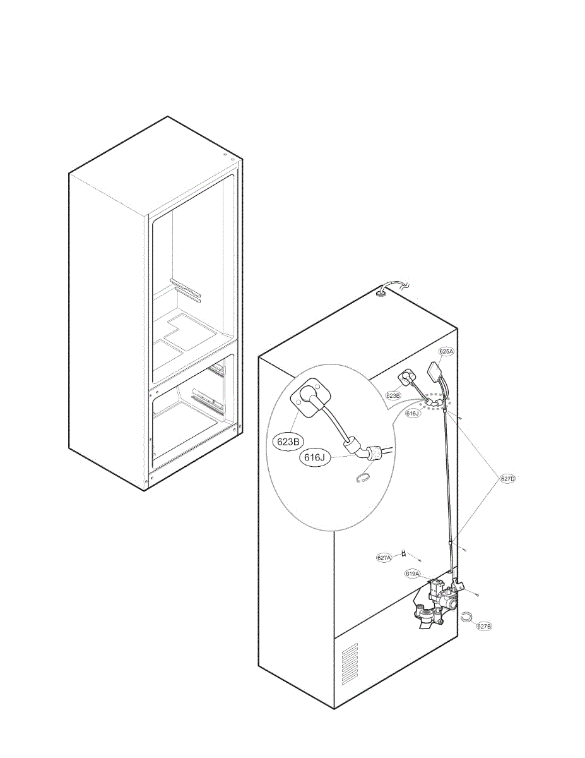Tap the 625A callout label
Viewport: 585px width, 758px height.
coord(446,352)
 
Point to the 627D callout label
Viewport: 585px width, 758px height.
coord(508,478)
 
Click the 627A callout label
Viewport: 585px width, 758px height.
coord(384,557)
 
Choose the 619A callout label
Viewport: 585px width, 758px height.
coord(413,574)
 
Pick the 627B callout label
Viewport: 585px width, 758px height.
coord(484,626)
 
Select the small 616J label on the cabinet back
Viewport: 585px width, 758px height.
coord(413,413)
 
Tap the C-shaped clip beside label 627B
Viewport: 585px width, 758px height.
coord(466,617)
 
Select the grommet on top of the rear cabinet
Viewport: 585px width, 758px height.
coord(381,293)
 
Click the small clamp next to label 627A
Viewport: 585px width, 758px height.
coord(404,555)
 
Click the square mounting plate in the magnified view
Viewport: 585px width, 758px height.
coord(309,400)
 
